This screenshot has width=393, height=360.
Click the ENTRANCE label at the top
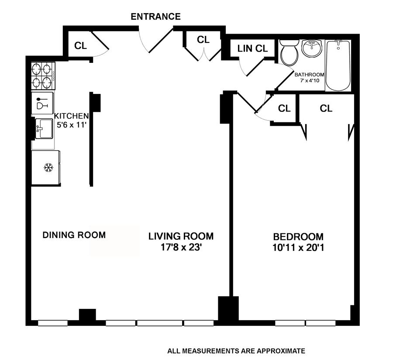[x=155, y=17]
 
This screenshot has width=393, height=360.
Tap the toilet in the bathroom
[x=289, y=52]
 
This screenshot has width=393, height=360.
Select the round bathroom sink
[x=311, y=48]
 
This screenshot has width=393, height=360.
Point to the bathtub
[x=338, y=65]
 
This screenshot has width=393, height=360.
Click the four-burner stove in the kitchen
[x=43, y=76]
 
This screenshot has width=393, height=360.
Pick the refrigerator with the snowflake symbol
[x=45, y=167]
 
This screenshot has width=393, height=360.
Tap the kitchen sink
[x=44, y=128]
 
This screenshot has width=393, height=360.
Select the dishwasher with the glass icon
[x=42, y=103]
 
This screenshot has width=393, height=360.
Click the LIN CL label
[x=253, y=48]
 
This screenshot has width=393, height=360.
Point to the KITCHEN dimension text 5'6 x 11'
[x=72, y=125]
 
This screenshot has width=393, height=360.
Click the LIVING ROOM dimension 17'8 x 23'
[x=181, y=247]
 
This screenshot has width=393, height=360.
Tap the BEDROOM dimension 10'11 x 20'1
[x=298, y=248]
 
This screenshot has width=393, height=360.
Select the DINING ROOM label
[x=74, y=235]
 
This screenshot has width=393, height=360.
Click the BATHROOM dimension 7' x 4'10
[x=310, y=81]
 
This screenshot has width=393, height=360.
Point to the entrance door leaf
[x=161, y=40]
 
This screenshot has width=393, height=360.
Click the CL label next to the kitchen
[x=80, y=45]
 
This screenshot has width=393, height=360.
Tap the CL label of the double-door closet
[x=203, y=40]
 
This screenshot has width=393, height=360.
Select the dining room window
[x=53, y=323]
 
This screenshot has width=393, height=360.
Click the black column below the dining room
[x=87, y=315]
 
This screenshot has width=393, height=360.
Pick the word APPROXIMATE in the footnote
[x=281, y=351]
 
